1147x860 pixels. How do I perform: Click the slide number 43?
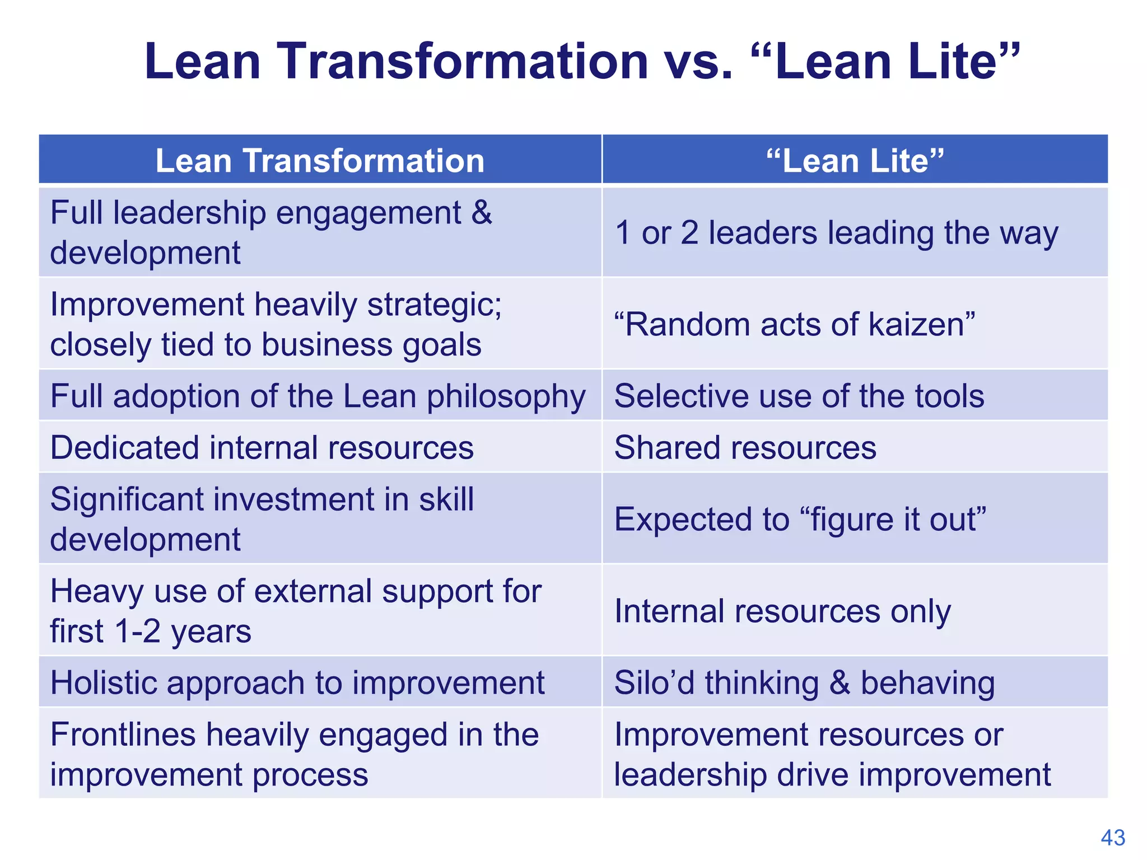tap(1112, 838)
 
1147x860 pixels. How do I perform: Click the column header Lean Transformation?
tap(320, 161)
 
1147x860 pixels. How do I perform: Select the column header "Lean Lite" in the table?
tap(855, 161)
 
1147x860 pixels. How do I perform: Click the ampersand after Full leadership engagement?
tap(481, 213)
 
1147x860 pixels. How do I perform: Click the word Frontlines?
tap(123, 735)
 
